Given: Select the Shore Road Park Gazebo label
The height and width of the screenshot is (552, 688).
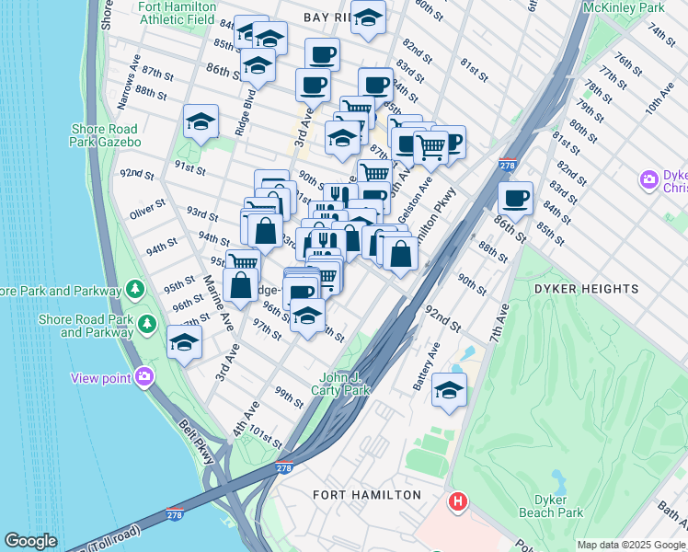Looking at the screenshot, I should [105, 136].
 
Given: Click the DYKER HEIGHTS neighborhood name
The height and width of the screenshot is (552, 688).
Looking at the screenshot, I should [586, 289].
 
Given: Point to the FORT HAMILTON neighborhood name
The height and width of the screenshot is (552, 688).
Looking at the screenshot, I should [367, 495].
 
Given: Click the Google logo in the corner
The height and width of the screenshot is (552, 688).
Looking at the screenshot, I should [30, 541].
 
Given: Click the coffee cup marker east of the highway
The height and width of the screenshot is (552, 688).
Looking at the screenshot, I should [516, 197].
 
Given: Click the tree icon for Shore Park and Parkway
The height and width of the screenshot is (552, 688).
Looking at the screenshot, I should [135, 290].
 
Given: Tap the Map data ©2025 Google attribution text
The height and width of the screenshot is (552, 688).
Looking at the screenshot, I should [631, 545].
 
